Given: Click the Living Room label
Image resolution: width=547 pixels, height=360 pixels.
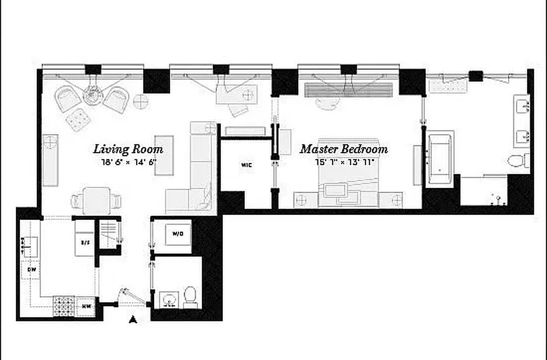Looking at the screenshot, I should coord(128,149).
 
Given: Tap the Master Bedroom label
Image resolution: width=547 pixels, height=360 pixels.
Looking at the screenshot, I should coord(344,149).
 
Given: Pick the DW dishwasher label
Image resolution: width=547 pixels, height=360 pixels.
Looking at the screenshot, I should coord(31,270).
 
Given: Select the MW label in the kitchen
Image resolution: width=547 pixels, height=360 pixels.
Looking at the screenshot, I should coord(86,306).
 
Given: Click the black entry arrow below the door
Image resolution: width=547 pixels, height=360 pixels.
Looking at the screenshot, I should coord(133,320).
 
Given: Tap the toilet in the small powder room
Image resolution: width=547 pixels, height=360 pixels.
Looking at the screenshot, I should coord(190,297).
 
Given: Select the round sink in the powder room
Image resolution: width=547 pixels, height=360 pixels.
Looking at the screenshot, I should coord(170,300).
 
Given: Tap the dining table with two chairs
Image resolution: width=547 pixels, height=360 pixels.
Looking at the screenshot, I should coord(96,201).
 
